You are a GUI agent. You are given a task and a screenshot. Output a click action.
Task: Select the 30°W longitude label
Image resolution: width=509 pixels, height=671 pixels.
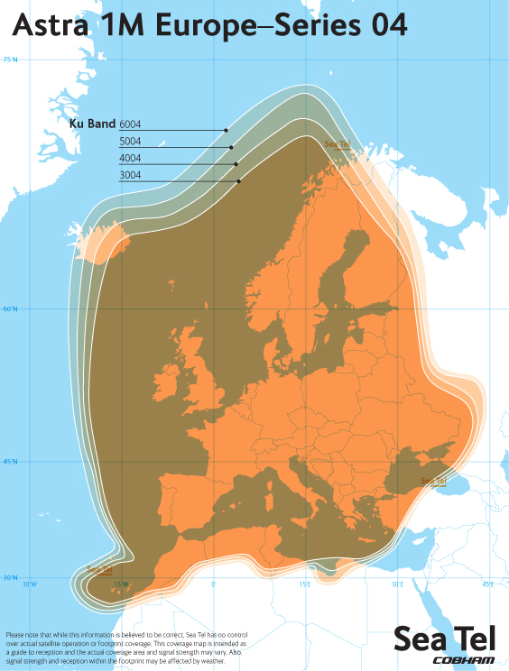tap(30, 584)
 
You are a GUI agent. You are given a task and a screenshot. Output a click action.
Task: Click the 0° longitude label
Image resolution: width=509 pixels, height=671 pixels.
tap(213, 584)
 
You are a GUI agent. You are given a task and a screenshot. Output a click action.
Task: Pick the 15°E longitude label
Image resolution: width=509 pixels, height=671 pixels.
tap(305, 584)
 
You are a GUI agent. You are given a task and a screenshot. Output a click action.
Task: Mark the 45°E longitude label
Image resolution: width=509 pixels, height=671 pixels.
tap(487, 584)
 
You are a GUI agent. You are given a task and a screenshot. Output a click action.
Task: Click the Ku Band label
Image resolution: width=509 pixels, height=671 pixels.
tap(92, 124)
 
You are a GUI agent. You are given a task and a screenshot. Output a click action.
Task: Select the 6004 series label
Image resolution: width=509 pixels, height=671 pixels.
tap(130, 124)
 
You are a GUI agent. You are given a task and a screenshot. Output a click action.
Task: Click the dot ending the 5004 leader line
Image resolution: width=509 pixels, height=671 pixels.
tap(231, 147)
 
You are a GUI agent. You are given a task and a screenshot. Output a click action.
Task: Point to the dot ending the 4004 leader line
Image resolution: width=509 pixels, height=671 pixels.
tap(236, 164)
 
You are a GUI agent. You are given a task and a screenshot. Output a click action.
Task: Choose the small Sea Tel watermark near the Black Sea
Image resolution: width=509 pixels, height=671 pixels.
tap(433, 481)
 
